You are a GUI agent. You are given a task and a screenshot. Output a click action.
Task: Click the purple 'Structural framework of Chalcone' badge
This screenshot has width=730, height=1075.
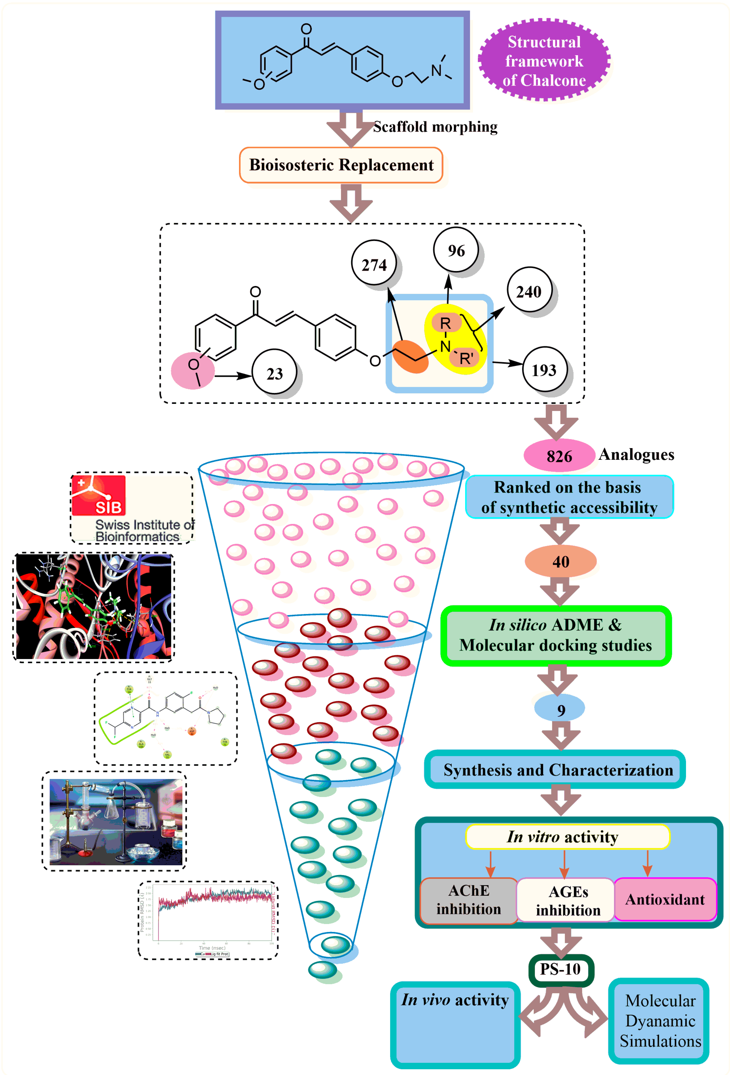(x=544, y=61)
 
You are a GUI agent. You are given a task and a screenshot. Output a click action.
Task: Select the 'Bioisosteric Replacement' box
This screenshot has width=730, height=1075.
(x=341, y=165)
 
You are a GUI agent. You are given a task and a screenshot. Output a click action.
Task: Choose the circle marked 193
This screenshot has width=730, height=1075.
(x=544, y=370)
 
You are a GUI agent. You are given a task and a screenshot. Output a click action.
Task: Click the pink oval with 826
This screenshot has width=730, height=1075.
(x=559, y=456)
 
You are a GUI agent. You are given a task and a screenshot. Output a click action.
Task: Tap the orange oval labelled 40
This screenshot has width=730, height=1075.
(x=560, y=561)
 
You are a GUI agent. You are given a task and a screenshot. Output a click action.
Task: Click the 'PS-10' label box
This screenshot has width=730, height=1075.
(x=560, y=969)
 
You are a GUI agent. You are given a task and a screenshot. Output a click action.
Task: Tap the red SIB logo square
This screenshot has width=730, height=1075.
(x=99, y=495)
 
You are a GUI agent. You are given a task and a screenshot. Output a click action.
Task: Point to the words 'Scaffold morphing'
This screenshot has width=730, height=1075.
(x=435, y=127)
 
